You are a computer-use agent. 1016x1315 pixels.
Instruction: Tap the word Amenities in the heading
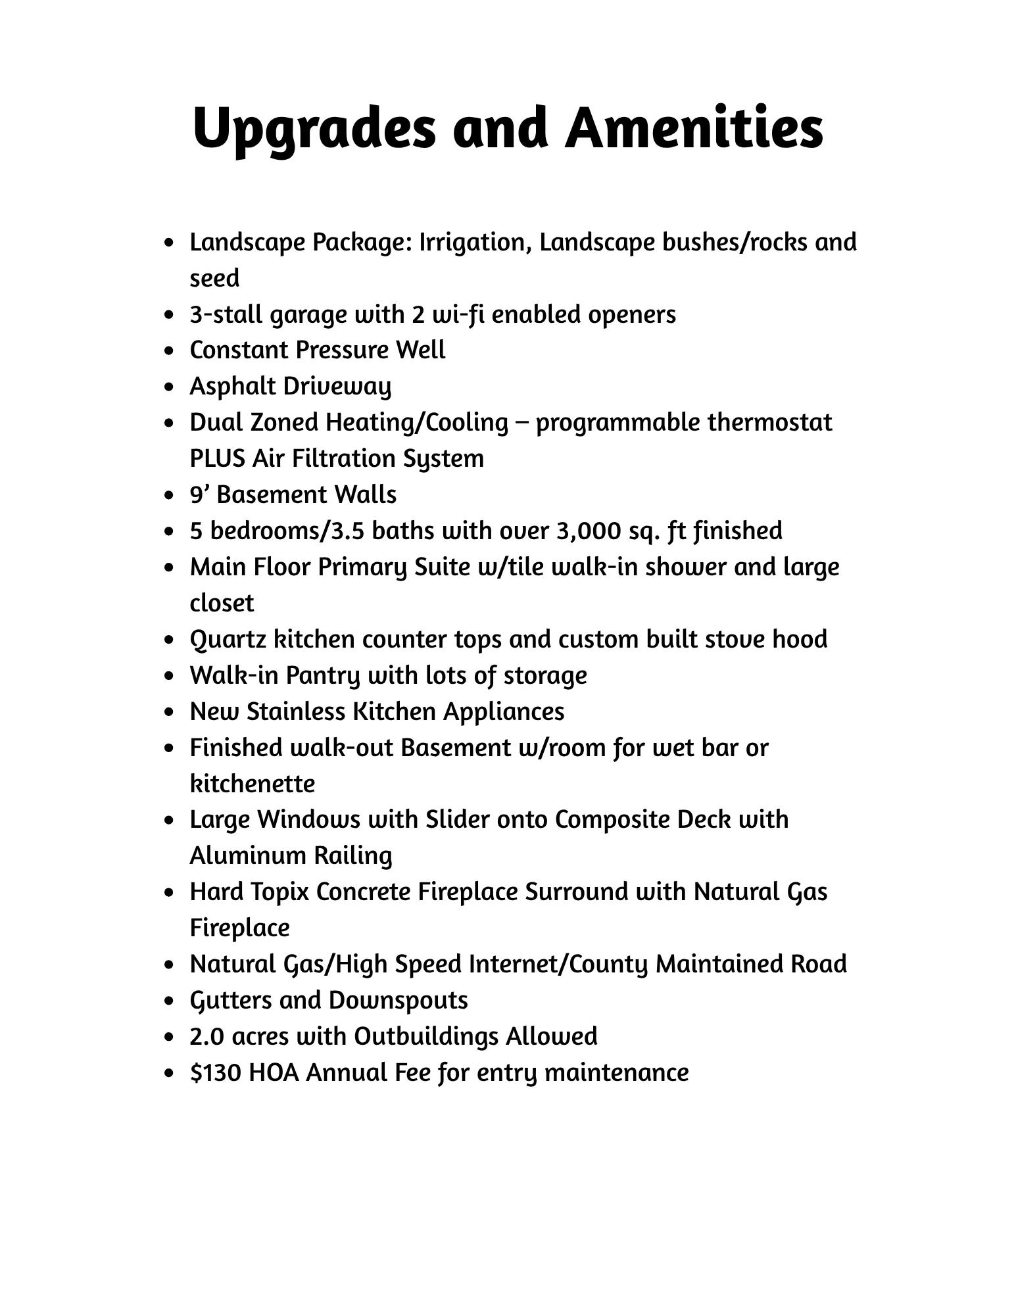click(694, 127)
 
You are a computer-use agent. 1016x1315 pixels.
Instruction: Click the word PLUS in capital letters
click(217, 459)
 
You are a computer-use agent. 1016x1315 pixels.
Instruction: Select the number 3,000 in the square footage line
click(589, 531)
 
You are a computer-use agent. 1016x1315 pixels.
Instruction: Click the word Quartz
click(227, 640)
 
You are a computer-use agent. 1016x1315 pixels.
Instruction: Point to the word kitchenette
click(253, 784)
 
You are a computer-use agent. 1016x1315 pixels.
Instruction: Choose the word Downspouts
click(398, 1001)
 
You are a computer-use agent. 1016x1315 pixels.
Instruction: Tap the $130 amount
click(216, 1073)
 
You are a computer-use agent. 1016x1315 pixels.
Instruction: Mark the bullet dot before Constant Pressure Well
click(171, 351)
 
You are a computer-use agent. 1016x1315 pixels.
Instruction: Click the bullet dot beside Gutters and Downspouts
click(171, 1001)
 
